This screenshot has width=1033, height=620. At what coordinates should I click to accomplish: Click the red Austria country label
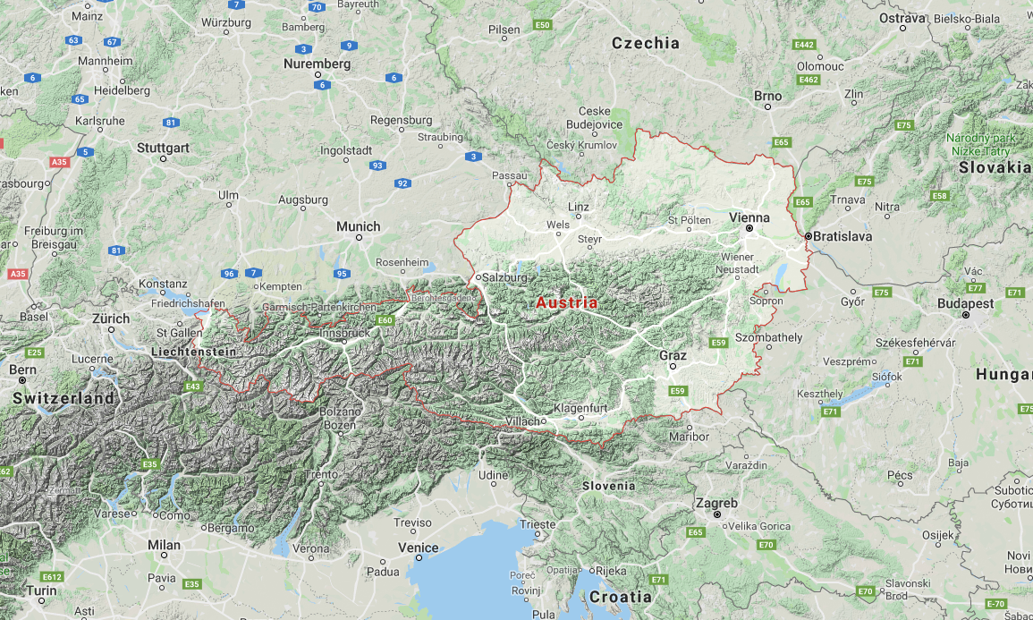(567, 302)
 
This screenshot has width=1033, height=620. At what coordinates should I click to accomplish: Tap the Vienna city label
(749, 217)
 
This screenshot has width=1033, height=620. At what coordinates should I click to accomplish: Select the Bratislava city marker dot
(808, 236)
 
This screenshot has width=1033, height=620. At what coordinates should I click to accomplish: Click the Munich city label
(358, 226)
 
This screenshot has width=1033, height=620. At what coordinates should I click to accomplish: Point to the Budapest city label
(965, 303)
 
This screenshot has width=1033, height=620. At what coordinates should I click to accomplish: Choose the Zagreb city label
(716, 503)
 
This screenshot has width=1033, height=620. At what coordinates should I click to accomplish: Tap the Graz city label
(673, 355)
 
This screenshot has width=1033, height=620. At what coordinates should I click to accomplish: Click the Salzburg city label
(505, 277)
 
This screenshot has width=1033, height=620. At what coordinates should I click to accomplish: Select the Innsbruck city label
(343, 333)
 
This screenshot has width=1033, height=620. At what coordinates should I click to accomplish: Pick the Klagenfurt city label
(581, 409)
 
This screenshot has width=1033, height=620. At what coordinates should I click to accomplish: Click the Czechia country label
(645, 43)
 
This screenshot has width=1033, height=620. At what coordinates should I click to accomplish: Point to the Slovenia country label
(608, 486)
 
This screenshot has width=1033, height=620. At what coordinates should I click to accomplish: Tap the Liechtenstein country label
(194, 352)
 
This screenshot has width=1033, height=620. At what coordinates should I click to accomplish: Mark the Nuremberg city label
(317, 64)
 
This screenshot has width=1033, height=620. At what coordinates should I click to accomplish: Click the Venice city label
(418, 548)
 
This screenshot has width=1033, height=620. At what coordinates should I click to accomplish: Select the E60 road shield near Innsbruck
(385, 320)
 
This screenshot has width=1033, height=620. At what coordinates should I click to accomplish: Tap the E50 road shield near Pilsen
(542, 25)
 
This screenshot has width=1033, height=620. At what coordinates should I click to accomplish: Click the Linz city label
(579, 207)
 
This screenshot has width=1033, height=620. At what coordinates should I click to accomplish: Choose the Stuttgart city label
(163, 147)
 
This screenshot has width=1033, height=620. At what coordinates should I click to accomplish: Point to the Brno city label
(767, 96)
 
